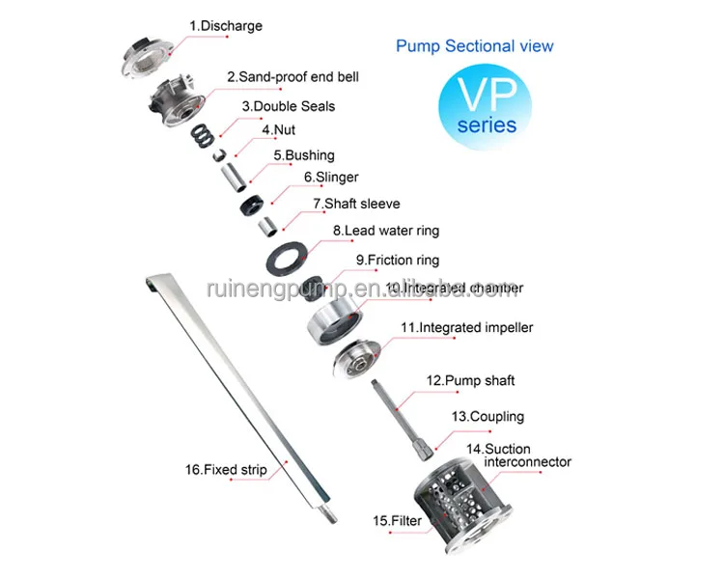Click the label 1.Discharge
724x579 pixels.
click(x=225, y=26)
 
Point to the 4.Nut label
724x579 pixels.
click(x=279, y=129)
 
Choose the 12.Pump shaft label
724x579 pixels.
click(x=467, y=381)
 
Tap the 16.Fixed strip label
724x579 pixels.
click(x=226, y=470)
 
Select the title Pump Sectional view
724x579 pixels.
click(x=475, y=45)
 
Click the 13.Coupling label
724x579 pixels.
click(x=487, y=417)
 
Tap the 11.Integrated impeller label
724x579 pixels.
click(x=466, y=328)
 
